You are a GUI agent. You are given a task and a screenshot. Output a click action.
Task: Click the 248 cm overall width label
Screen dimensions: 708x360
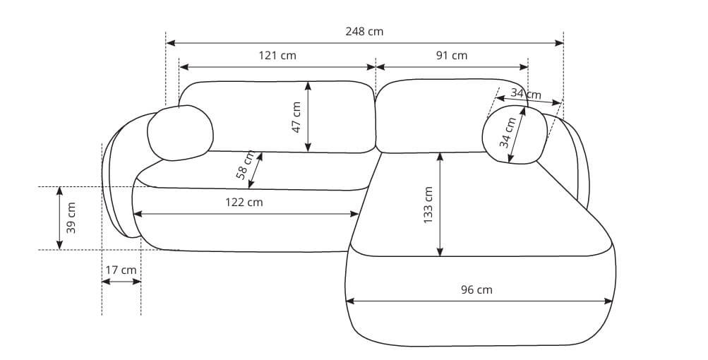click(364, 32)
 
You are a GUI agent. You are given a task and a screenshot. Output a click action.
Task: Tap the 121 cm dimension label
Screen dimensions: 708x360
click(277, 56)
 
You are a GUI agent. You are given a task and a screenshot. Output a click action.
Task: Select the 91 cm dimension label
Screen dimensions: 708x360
click(452, 56)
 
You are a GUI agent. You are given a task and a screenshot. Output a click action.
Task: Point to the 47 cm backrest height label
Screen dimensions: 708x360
click(296, 117)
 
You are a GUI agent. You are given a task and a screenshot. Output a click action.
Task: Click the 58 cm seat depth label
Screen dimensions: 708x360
click(245, 165)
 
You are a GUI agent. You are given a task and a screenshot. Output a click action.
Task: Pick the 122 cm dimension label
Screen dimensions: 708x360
click(244, 203)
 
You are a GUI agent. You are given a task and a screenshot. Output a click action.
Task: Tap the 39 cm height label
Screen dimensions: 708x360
click(71, 217)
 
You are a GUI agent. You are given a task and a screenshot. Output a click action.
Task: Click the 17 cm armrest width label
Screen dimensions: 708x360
click(121, 270)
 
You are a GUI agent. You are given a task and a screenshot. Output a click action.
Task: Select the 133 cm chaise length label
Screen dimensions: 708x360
click(428, 205)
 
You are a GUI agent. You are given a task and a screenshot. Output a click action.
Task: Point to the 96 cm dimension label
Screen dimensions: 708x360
click(476, 289)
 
